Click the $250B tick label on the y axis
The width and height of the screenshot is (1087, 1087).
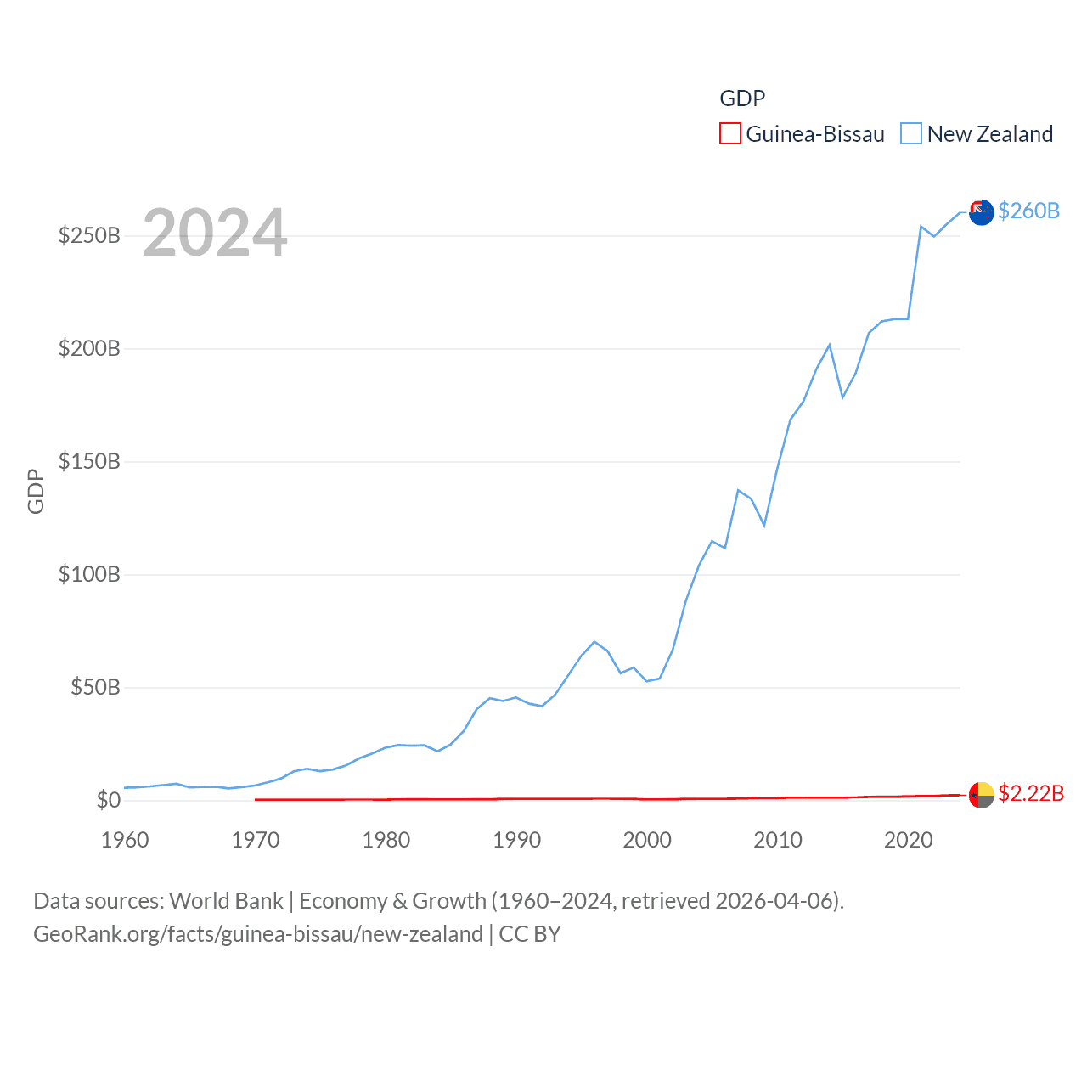click(89, 235)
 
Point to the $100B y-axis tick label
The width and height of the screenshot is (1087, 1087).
click(89, 574)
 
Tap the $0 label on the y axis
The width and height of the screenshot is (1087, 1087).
click(108, 800)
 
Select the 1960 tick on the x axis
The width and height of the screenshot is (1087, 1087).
click(125, 840)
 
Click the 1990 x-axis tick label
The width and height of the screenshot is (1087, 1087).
click(516, 840)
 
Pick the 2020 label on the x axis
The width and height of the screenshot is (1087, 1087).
click(908, 840)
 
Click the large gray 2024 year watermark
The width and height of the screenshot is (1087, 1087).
click(215, 233)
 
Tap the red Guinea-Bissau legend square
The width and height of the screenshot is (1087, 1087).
click(730, 133)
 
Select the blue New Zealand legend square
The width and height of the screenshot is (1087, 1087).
click(911, 133)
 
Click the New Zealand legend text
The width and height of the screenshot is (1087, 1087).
click(990, 134)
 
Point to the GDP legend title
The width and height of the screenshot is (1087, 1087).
click(742, 99)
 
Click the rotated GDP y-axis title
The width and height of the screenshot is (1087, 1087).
click(36, 491)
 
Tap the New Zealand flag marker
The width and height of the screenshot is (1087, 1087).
click(982, 212)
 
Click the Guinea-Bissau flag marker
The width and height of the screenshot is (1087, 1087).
click(982, 795)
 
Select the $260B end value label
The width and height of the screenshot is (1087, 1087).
click(1028, 211)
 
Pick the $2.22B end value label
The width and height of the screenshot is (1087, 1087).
click(1031, 793)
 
